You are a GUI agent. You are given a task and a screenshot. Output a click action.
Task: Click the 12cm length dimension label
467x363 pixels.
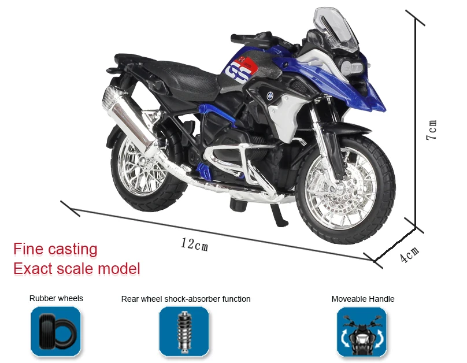pos(194,245)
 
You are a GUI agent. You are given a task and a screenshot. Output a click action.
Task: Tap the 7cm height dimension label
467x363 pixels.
pos(432,130)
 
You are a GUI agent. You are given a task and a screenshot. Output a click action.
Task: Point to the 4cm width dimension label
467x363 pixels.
pos(410,255)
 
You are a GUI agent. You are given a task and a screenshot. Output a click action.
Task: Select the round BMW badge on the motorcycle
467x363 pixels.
pos(270,95)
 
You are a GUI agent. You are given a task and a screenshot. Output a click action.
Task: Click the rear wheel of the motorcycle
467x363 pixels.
pos(146,171)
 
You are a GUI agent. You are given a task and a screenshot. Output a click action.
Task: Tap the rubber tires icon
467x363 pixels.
pos(55,332)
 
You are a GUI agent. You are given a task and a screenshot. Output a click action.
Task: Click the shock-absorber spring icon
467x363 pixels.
pos(184,332)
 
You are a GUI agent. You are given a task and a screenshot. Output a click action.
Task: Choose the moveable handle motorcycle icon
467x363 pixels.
pos(362,332)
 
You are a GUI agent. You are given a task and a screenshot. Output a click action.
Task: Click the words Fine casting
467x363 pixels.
pos(55,249)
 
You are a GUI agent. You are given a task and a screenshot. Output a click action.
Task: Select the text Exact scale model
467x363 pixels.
pos(77,269)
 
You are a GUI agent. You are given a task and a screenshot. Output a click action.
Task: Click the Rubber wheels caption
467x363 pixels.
pos(56,298)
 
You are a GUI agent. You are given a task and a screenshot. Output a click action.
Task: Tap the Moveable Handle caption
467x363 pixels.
pos(363,299)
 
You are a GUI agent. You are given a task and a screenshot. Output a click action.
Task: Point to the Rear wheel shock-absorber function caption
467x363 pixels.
pos(186,299)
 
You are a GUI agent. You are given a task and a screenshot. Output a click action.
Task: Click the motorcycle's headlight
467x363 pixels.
pos(351,66)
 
